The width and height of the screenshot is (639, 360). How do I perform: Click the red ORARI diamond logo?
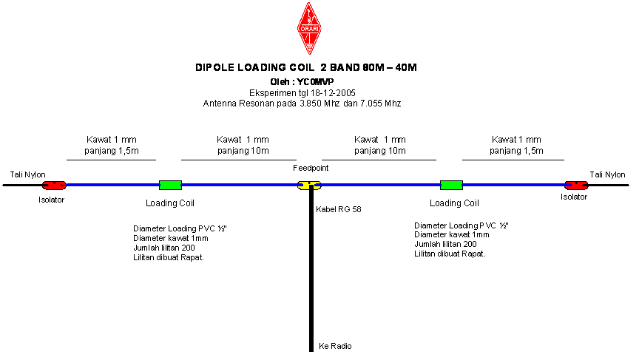(309, 28)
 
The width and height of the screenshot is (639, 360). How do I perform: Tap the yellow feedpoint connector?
(309, 186)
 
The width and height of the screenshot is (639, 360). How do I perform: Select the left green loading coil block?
(170, 186)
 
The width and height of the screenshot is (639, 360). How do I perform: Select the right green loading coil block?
(452, 186)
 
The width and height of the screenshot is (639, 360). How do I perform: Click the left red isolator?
(54, 186)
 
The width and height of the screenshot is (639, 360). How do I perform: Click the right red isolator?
(576, 186)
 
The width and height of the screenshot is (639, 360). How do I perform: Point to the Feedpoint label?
(311, 168)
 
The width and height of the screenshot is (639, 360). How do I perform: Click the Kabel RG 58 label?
(339, 209)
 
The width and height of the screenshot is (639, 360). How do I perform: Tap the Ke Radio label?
(335, 346)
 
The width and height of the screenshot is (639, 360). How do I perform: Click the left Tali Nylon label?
(27, 174)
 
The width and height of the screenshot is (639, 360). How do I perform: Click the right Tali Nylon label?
(607, 174)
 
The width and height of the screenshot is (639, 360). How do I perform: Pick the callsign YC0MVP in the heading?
(315, 82)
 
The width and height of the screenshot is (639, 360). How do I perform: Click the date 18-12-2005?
(333, 93)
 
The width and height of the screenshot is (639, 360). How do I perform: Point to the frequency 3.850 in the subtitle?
(311, 103)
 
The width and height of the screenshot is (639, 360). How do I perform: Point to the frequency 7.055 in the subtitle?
(371, 103)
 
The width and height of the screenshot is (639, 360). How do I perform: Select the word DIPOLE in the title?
(214, 67)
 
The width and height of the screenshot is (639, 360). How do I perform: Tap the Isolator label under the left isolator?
(51, 200)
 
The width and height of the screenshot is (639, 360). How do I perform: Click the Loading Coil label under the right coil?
(454, 203)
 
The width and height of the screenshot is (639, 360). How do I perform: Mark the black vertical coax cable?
(311, 269)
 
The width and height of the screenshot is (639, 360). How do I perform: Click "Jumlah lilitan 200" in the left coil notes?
(164, 248)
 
